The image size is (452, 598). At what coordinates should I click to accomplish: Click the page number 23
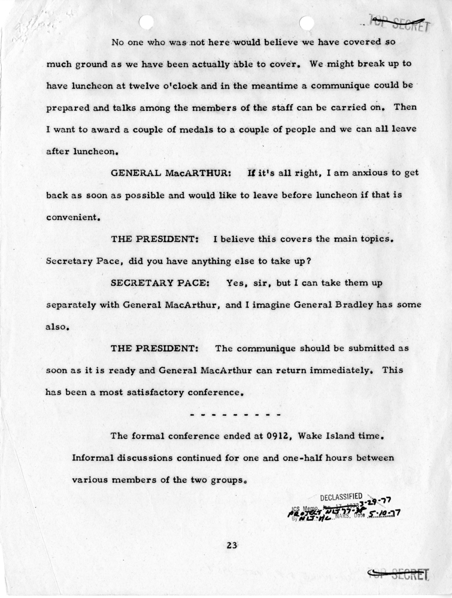point(232,545)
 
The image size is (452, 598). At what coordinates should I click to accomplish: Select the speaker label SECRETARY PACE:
point(157,282)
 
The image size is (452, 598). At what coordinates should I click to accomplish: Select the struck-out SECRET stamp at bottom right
point(400,574)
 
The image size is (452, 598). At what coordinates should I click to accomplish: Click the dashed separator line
point(235,414)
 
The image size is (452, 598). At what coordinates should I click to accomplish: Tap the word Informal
point(92,458)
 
